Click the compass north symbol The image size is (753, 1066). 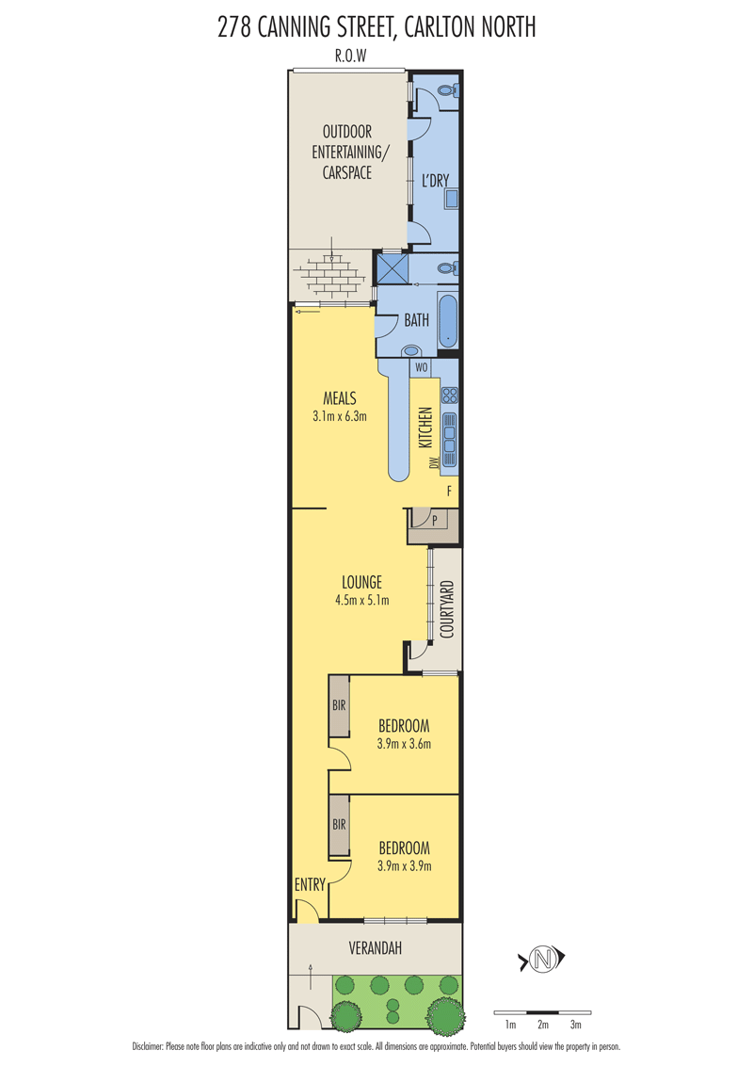pos(541,960)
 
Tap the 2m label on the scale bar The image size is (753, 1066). pos(543,1025)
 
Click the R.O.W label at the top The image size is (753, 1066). pos(351,56)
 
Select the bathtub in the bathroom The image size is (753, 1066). pos(448,320)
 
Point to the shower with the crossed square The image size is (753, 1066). pos(393,267)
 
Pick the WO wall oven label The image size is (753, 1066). pos(422,368)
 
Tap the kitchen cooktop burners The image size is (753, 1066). pos(449,395)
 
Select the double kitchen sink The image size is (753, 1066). pos(449,433)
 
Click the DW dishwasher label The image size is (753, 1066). pos(434,463)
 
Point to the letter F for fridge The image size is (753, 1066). pos(449,491)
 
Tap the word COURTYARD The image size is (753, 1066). pos(446,609)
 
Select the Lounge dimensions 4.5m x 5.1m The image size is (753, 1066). pos(362,600)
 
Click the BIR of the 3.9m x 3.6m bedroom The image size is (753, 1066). pos(339,705)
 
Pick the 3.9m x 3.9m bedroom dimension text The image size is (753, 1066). pos(405,866)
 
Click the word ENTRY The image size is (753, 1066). pos(310,884)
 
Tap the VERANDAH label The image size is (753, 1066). pos(376,947)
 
